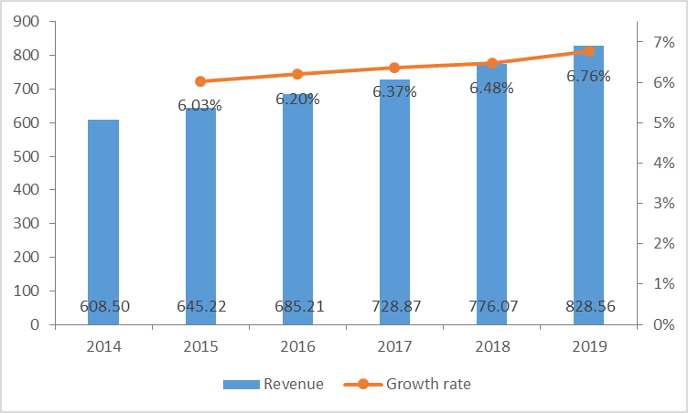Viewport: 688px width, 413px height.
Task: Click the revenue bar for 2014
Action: click(103, 219)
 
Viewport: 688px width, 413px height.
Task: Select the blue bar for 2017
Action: click(395, 201)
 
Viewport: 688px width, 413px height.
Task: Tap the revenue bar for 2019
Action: click(589, 183)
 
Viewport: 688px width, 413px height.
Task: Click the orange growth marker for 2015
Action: click(200, 81)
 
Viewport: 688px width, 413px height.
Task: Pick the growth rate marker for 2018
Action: click(492, 63)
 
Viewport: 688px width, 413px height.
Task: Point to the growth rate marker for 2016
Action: click(298, 74)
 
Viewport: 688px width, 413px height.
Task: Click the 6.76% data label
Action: click(588, 77)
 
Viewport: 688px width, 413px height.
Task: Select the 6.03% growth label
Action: click(199, 105)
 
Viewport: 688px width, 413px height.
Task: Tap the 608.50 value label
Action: click(103, 306)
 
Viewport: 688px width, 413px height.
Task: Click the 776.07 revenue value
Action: click(492, 306)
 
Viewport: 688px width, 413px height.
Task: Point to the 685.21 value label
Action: click(298, 306)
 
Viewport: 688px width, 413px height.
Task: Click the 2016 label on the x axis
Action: click(298, 346)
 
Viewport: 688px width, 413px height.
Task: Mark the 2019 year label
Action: click(589, 346)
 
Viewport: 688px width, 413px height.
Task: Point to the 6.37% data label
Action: click(394, 91)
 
